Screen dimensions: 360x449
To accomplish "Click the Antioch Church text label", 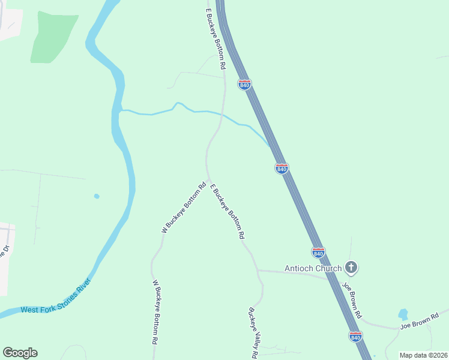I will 313,268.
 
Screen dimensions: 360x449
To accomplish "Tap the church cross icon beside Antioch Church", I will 352,268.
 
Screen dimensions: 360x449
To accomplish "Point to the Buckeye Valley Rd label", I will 253,334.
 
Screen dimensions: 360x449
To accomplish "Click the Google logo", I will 20,353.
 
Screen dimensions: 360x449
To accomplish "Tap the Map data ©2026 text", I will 423,355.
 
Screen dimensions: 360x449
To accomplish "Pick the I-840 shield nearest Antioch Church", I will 318,253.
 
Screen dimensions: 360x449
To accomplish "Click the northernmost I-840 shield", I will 244,85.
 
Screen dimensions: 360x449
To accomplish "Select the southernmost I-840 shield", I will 355,337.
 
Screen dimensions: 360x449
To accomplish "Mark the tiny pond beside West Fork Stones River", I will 96,196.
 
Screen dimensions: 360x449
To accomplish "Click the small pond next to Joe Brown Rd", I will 403,314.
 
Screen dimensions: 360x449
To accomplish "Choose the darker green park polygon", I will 53,36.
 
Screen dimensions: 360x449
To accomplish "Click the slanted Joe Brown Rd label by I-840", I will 353,299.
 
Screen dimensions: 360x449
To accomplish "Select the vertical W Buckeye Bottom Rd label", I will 155,311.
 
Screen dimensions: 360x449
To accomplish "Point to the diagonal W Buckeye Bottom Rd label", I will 183,208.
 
